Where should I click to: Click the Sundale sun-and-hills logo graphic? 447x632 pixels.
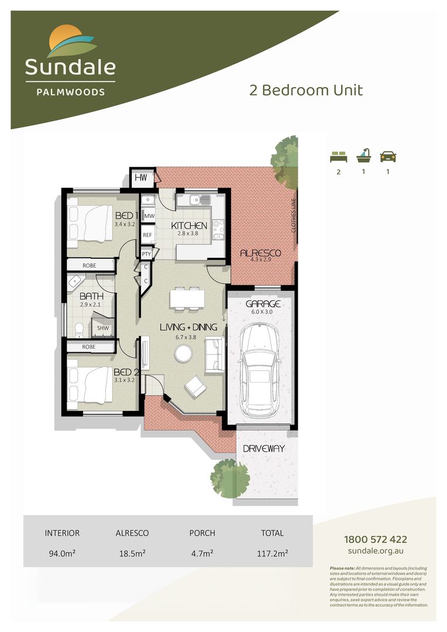tap(70, 41)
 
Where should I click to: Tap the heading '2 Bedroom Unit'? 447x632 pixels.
tap(306, 90)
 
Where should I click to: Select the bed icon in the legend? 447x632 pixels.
tap(338, 156)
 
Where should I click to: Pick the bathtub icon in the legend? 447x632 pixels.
tap(363, 156)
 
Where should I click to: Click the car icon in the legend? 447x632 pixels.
tap(388, 156)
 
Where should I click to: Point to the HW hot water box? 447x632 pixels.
tap(141, 177)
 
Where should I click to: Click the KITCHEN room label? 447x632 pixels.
tap(189, 225)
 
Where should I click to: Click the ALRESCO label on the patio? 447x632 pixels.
tap(261, 253)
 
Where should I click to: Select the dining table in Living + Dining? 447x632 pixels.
tap(187, 298)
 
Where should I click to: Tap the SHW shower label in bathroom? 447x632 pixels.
tap(102, 329)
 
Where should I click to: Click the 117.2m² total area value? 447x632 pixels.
tap(272, 552)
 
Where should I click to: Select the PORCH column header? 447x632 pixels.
tap(202, 533)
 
